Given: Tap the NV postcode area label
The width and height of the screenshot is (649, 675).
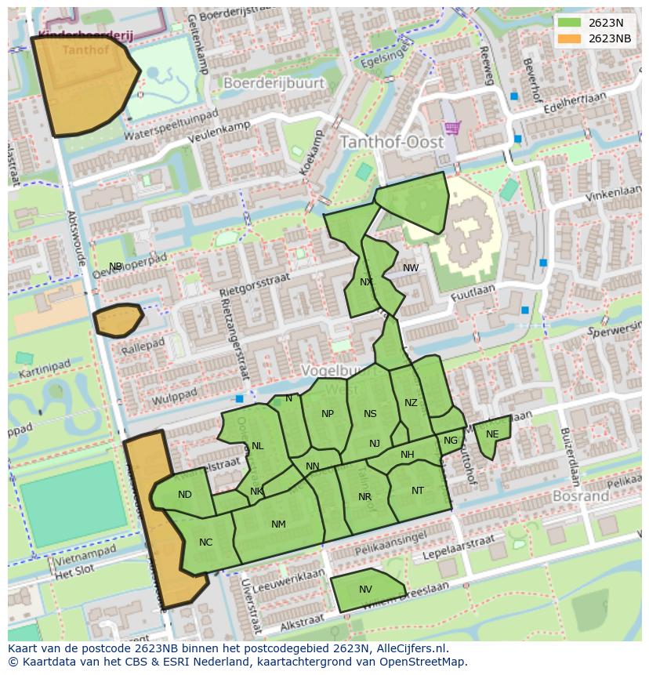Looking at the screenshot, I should tap(365, 590).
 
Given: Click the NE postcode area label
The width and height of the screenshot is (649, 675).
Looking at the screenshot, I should tap(492, 434).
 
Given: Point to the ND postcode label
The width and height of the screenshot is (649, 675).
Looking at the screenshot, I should tap(185, 495).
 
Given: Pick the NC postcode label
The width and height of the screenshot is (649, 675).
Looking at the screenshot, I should tap(205, 542).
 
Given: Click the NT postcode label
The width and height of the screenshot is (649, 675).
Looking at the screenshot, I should tap(418, 491).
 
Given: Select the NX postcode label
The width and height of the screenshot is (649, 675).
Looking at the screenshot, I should tap(366, 282).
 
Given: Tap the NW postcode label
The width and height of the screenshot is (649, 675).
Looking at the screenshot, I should tap(411, 268).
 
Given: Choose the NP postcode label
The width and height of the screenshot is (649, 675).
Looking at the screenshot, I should tap(328, 414).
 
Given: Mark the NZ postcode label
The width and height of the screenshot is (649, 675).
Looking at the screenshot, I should tap(411, 403).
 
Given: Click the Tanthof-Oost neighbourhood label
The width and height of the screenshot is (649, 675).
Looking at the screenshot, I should tap(391, 143).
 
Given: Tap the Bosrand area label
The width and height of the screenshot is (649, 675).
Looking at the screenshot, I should tap(581, 496).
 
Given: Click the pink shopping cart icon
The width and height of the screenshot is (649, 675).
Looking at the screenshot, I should tap(451, 127).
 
